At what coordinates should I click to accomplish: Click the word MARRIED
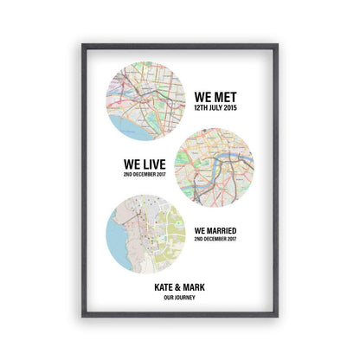222,230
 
